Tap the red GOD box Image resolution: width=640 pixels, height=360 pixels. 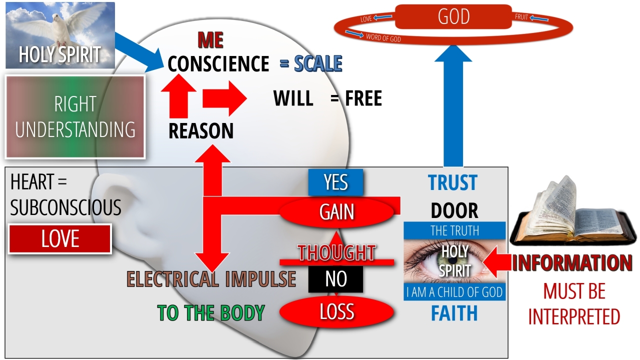pos(453,16)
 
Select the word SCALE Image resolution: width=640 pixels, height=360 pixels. pos(318,64)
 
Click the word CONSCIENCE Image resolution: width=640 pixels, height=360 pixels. pos(218,64)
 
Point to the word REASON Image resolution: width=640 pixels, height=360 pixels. pos(201,131)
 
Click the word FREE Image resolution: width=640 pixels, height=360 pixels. pos(363,98)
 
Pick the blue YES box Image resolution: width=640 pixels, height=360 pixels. pos(335,182)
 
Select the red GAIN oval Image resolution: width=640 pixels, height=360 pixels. pos(337,212)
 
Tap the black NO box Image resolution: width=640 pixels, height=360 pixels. pos(335,279)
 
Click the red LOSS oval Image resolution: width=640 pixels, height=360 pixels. pos(336,312)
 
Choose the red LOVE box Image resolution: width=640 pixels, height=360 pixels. pos(60,239)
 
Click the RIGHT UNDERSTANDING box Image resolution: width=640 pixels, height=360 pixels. pos(75,116)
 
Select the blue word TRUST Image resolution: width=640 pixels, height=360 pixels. pos(453,183)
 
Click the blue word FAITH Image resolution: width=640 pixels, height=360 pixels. pos(454,313)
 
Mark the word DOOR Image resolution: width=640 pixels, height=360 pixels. pos(454,211)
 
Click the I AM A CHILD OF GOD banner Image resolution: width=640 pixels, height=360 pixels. pos(454,292)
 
